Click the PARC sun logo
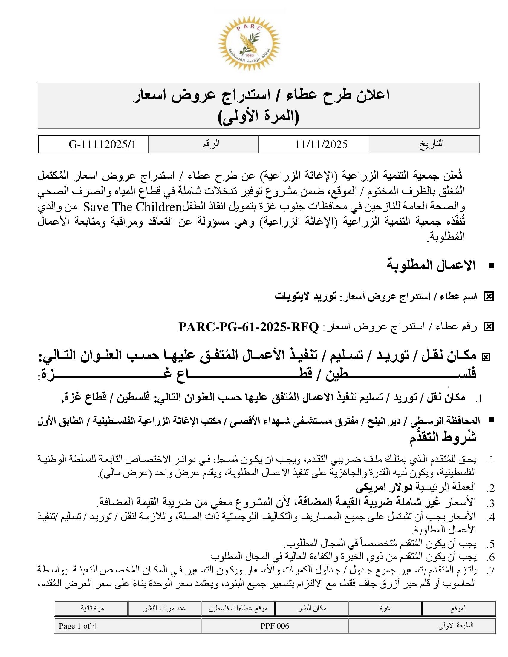249,43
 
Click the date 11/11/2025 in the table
321,145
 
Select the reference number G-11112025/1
102,145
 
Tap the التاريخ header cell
431,144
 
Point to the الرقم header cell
211,144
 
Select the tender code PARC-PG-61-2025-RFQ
249,327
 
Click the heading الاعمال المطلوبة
431,265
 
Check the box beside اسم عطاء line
489,297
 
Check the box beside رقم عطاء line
489,327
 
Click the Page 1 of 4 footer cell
78,626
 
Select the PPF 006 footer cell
274,626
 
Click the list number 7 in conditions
492,570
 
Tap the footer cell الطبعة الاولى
456,626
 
